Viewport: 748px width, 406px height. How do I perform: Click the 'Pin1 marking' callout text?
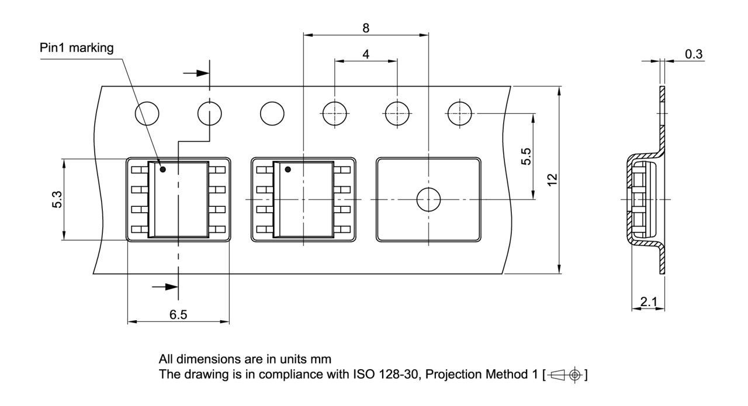[77, 48]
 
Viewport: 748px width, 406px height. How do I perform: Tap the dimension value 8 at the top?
[366, 28]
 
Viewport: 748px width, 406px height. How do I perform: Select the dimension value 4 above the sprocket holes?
[366, 54]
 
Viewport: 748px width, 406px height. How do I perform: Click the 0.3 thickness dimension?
[694, 54]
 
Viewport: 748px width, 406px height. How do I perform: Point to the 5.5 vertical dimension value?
[526, 156]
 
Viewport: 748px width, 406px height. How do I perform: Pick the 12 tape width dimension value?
[553, 179]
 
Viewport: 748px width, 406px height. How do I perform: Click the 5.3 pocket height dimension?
[57, 199]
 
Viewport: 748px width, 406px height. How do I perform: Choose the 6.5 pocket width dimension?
[178, 314]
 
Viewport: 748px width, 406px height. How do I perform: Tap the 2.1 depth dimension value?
[649, 302]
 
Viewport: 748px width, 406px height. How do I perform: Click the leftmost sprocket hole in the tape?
[147, 113]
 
